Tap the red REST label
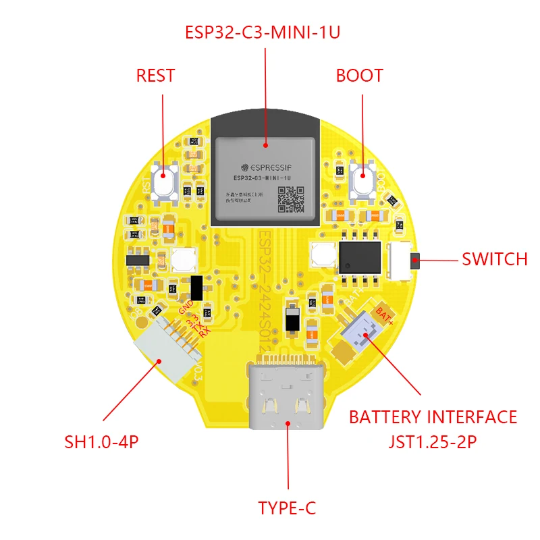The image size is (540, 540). [155, 76]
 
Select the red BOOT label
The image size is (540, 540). [359, 76]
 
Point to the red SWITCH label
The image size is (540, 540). [494, 259]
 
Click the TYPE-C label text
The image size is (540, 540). [287, 508]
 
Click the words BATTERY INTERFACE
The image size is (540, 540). [433, 417]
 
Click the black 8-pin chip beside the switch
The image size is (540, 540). [359, 255]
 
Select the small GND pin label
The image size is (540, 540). [186, 308]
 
